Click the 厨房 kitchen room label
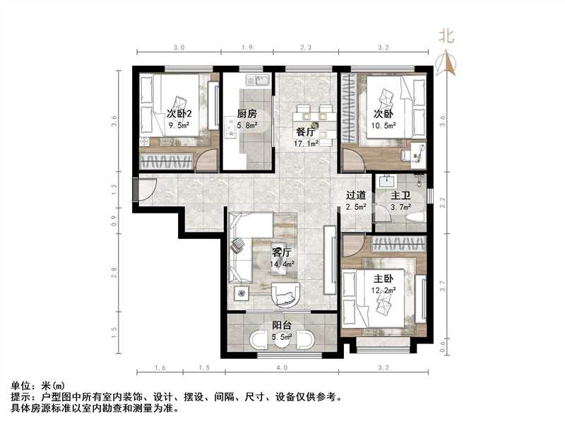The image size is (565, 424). (246, 114)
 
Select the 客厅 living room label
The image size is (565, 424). (282, 251)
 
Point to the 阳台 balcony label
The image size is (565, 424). (282, 325)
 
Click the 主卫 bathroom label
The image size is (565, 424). (400, 196)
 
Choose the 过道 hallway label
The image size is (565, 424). (356, 196)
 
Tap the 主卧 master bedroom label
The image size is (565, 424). (384, 278)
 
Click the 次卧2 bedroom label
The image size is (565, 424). (179, 114)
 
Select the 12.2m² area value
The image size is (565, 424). (384, 290)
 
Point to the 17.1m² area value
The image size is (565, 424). (307, 143)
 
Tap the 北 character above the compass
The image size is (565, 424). (446, 35)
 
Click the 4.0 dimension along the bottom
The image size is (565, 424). (282, 368)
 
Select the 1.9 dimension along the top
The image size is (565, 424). (247, 47)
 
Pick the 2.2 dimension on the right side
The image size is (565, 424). (442, 202)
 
